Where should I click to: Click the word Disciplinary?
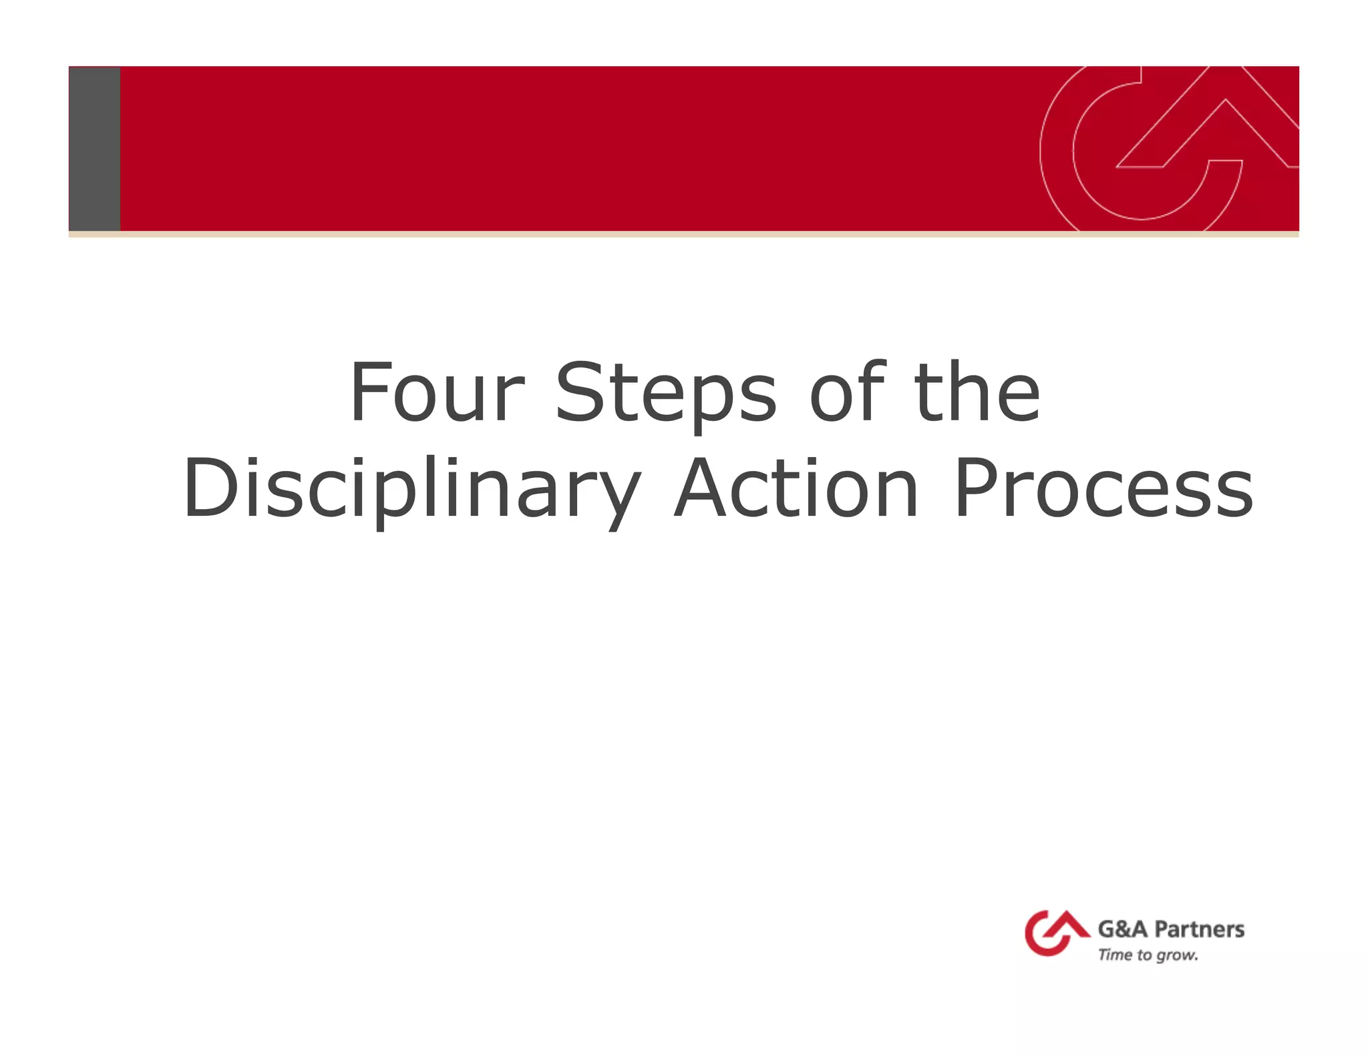411,489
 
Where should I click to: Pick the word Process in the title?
1103,489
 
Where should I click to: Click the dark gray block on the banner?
94,148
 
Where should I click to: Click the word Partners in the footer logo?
1199,929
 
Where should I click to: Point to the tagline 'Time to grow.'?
1148,955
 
